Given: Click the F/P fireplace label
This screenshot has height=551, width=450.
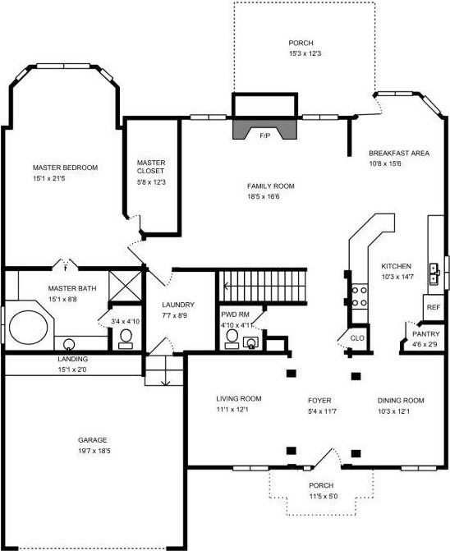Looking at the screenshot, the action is coord(265,135).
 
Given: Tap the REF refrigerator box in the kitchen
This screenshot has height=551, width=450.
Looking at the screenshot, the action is coord(434,307).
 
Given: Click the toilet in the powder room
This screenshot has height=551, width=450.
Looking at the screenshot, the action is coord(232,339).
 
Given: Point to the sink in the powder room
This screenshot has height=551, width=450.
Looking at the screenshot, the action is coord(250,342).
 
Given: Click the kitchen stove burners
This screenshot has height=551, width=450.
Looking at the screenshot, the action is coord(360,296).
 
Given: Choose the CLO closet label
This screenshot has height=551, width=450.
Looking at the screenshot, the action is coord(357,338).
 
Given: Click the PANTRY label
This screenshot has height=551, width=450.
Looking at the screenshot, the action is coord(425,334).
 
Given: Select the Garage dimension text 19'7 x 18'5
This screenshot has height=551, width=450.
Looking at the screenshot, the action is coord(94,451).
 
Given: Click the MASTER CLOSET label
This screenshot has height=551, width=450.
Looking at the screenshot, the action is coord(151,167).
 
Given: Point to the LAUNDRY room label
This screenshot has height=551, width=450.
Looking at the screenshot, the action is coord(178,305).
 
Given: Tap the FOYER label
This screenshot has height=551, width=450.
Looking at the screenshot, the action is coord(319,400).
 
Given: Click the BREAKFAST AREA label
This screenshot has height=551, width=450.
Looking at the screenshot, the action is coord(399,154).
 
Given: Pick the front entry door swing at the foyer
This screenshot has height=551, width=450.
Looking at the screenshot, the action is coord(328,457).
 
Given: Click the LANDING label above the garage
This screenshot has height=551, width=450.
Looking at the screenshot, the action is coord(73,359).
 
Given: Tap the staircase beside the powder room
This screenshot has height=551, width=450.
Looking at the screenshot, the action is coord(263,286).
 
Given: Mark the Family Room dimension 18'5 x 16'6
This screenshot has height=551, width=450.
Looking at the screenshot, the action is coord(264,196).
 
